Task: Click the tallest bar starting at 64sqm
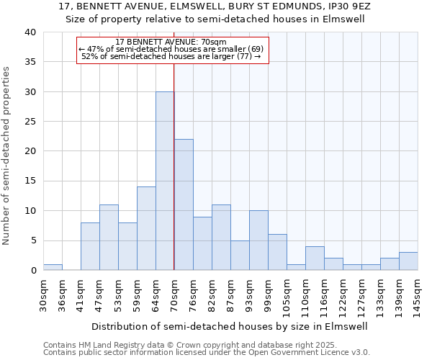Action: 165,181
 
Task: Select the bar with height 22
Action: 184,204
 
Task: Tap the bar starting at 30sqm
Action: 53,267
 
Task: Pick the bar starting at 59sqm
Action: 146,228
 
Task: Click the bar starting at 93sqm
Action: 258,240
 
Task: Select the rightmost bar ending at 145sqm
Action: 408,261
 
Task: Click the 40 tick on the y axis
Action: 30,32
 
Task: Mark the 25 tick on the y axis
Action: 30,122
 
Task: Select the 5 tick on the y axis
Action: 32,240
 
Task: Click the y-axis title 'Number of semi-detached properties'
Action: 6,156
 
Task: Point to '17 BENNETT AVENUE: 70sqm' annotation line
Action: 171,42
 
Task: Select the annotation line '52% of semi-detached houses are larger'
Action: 171,56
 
